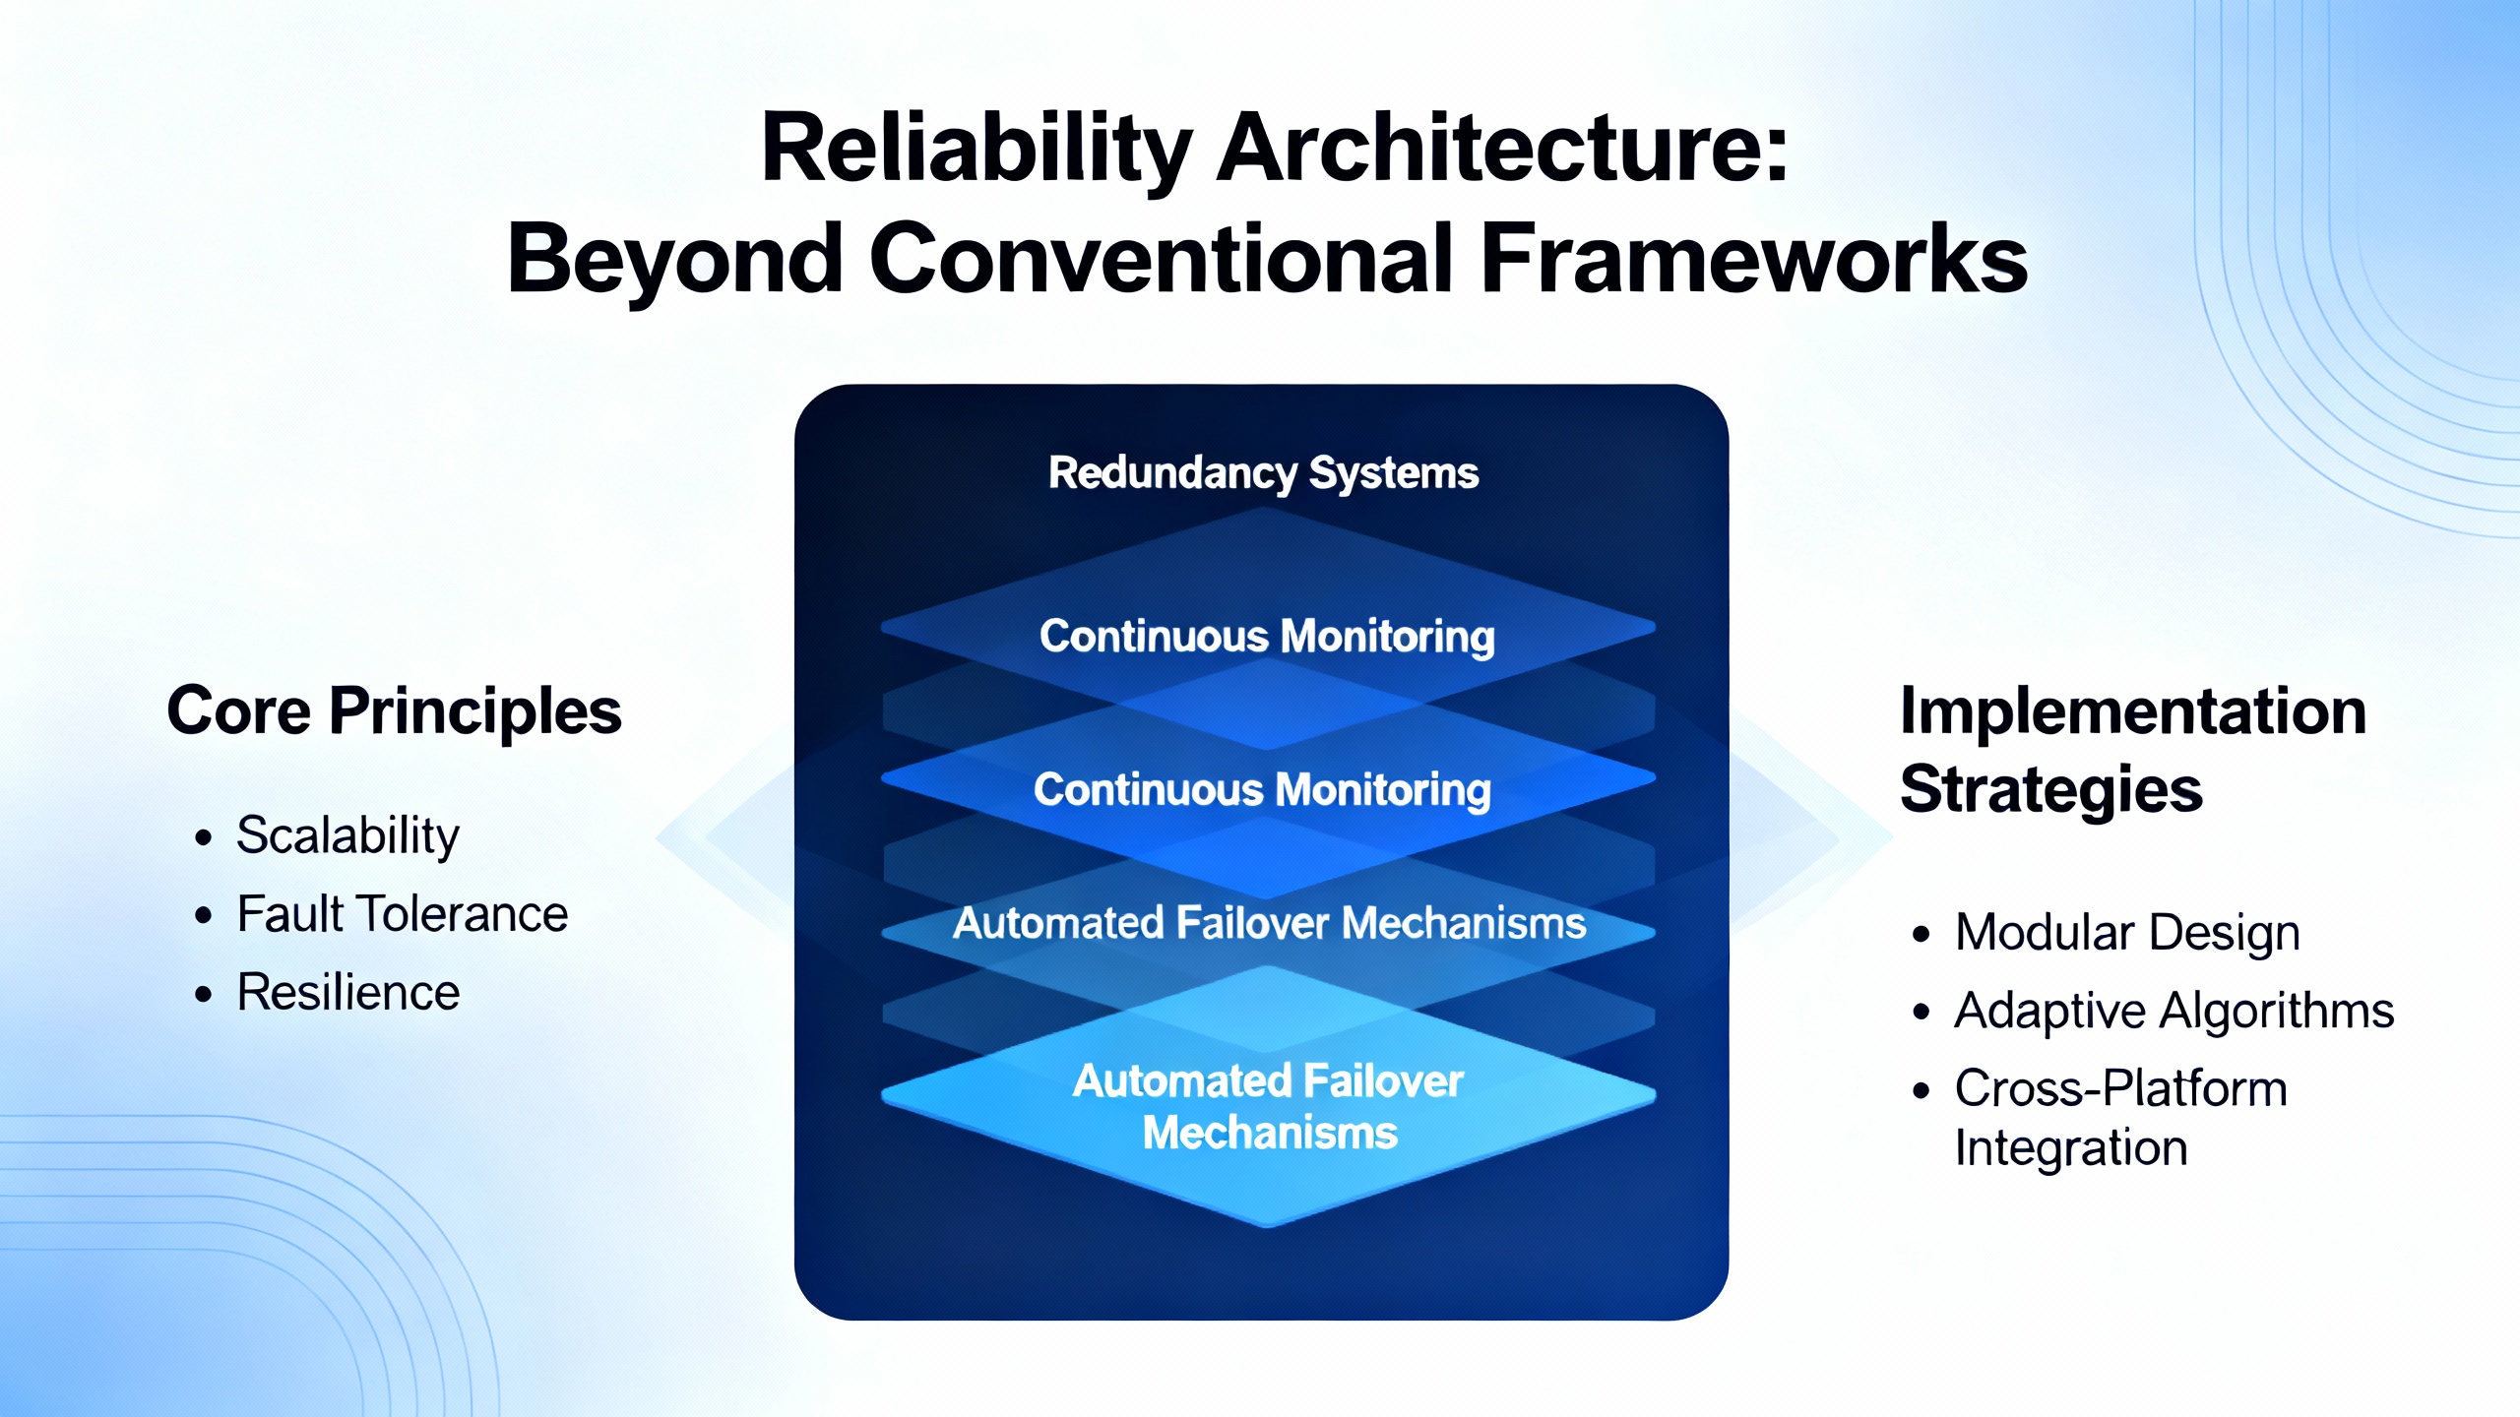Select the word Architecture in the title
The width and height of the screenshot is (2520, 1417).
[x=1502, y=150]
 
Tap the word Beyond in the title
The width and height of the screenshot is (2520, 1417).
[x=674, y=260]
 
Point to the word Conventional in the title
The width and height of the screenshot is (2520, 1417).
[x=1162, y=260]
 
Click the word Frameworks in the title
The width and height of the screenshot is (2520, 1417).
[x=1753, y=260]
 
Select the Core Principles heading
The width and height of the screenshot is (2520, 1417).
[x=394, y=711]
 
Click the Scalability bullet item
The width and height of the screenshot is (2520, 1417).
[x=347, y=836]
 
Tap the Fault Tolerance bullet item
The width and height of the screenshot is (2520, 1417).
[x=402, y=914]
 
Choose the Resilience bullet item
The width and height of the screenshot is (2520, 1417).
[x=347, y=993]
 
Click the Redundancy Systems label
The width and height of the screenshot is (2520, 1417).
[x=1263, y=473]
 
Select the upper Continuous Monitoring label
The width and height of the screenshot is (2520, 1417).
[x=1267, y=637]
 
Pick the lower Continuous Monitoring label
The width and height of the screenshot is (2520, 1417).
[x=1262, y=790]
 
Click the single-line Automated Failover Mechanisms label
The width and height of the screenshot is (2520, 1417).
[x=1269, y=924]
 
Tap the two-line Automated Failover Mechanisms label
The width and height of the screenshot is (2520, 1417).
[x=1269, y=1107]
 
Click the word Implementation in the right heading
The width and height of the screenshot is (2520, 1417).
[x=2132, y=711]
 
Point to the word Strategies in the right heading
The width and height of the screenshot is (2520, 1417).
[x=2050, y=790]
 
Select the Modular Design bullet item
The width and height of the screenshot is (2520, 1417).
[x=2126, y=933]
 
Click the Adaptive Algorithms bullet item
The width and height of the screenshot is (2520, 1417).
[x=2173, y=1012]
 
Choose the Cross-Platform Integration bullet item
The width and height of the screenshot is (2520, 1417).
[x=2120, y=1118]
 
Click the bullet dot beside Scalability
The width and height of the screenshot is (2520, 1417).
[x=204, y=838]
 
